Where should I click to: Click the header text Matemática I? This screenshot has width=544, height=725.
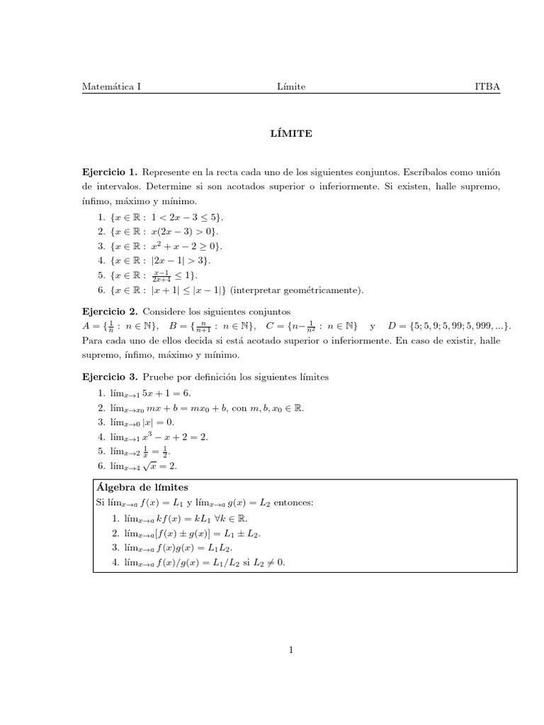[111, 87]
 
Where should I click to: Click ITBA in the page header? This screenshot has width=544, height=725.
[487, 87]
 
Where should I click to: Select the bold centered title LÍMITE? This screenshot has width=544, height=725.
[292, 132]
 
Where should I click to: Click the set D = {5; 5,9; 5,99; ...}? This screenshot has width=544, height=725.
[449, 326]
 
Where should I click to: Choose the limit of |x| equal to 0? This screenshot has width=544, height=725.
[142, 422]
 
